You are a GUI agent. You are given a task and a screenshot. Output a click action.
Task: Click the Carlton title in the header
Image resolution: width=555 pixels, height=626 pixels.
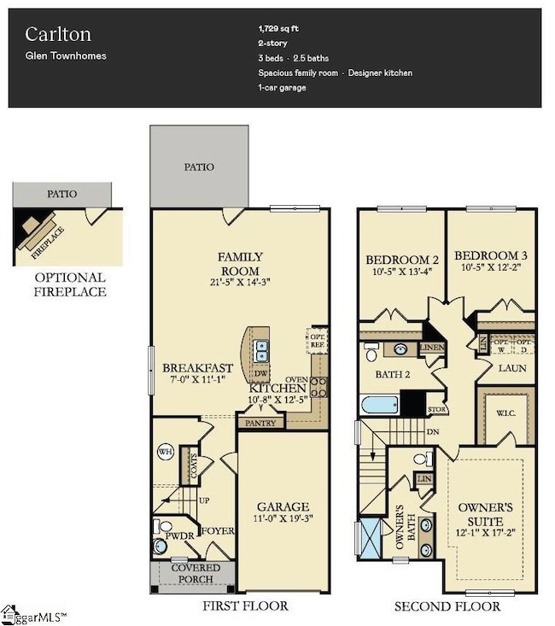tap(57, 33)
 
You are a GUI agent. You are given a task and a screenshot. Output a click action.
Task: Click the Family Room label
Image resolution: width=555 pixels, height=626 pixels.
tap(240, 256)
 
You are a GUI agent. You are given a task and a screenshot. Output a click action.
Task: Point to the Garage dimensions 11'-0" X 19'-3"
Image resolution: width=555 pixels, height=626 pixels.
tap(283, 518)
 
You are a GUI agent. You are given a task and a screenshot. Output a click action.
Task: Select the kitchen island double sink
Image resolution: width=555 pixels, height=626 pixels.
tap(263, 348)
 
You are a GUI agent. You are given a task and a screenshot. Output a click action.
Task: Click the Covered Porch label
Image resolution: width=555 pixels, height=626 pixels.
tap(196, 574)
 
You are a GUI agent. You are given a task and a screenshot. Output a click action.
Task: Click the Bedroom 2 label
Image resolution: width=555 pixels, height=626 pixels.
tap(401, 260)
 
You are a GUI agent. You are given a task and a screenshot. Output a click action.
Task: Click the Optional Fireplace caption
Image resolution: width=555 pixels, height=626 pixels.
tap(70, 284)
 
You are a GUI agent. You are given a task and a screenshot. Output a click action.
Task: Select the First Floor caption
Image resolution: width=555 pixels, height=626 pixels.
tap(245, 606)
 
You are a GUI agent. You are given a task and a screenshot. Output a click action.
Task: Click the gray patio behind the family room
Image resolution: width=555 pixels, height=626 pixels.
tap(200, 167)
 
